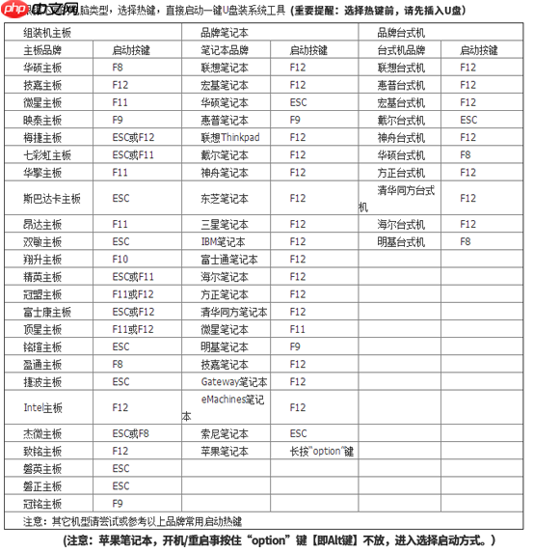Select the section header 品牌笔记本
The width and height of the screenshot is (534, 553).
pyautogui.click(x=224, y=32)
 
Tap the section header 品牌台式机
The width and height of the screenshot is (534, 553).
pyautogui.click(x=402, y=32)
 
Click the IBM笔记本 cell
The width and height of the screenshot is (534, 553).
pyautogui.click(x=224, y=241)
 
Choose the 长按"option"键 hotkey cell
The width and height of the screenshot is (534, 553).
pyautogui.click(x=322, y=451)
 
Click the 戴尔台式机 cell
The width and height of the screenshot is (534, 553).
pyautogui.click(x=400, y=120)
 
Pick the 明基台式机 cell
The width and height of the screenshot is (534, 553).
pyautogui.click(x=400, y=241)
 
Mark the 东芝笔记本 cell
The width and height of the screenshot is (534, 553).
pyautogui.click(x=225, y=198)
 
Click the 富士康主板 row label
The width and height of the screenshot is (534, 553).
pyautogui.click(x=46, y=312)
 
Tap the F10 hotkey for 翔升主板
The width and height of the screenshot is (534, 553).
pyautogui.click(x=120, y=260)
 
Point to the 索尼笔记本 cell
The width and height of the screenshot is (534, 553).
pyautogui.click(x=225, y=433)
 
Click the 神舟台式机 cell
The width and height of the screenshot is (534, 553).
pyautogui.click(x=400, y=137)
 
